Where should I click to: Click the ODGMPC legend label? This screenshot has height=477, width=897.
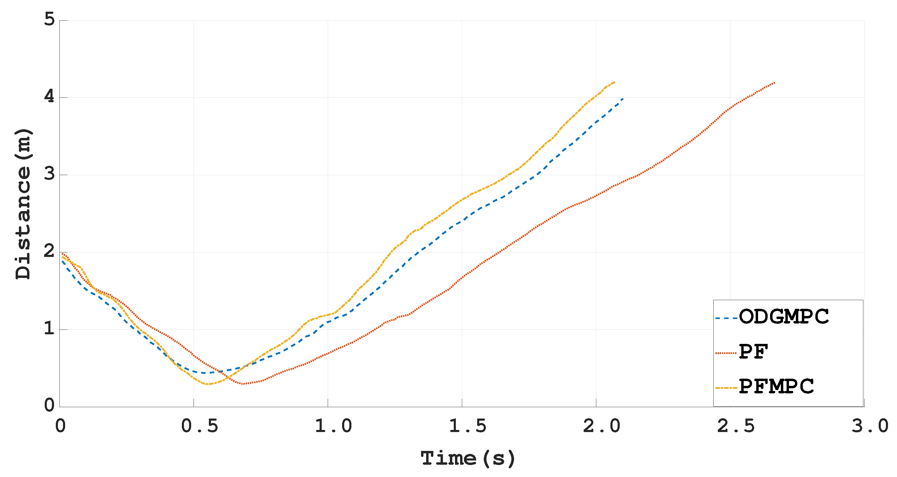tap(784, 317)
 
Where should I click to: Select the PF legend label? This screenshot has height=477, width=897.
tap(753, 352)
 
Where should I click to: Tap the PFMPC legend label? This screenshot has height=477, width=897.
tap(776, 386)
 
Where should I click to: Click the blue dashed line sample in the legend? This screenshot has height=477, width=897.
tap(726, 318)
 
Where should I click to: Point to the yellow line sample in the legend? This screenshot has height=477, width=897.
tap(726, 388)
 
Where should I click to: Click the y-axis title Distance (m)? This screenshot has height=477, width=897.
tap(23, 204)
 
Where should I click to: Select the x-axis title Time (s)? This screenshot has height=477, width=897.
tap(468, 458)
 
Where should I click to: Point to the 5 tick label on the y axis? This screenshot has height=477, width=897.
tap(50, 19)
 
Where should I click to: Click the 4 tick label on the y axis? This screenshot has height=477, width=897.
tap(50, 96)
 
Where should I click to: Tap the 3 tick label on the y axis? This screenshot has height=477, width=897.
tap(50, 174)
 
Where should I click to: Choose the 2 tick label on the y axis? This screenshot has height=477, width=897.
tap(50, 251)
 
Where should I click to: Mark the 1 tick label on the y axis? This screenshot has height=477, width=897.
tap(50, 328)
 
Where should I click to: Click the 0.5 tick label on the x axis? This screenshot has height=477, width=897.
tap(200, 427)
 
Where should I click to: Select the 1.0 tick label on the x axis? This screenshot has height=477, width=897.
tap(333, 427)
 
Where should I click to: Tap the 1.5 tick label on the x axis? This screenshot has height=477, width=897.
tap(468, 427)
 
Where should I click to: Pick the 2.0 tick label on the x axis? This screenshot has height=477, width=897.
tap(602, 427)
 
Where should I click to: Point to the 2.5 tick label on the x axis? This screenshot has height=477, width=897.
tap(736, 427)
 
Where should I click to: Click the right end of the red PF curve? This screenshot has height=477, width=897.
tap(774, 83)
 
